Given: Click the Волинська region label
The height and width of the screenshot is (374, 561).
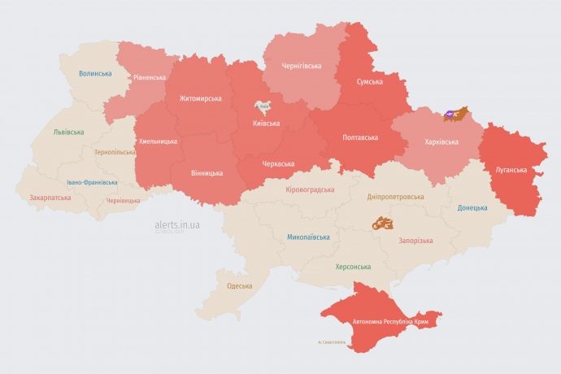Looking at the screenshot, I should [x=95, y=73].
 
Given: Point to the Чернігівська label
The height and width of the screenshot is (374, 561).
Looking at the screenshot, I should [x=302, y=66].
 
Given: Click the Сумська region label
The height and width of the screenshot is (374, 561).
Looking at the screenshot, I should [x=370, y=82].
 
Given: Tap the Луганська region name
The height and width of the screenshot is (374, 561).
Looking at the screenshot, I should [x=511, y=170].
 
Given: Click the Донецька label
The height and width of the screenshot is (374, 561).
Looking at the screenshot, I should [x=472, y=207].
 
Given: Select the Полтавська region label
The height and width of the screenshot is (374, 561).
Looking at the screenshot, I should [x=359, y=137].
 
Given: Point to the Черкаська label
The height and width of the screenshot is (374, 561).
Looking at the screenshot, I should [x=278, y=163].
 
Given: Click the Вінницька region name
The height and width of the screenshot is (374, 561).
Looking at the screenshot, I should [x=207, y=173].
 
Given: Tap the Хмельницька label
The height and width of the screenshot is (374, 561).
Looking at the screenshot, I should [x=158, y=141].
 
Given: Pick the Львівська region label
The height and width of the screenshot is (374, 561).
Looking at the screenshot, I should [x=68, y=131].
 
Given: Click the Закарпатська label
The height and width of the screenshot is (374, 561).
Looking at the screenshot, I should [x=50, y=198].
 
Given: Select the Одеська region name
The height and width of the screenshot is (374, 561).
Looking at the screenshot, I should [x=239, y=286].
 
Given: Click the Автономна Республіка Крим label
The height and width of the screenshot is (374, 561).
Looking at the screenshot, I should [x=390, y=322].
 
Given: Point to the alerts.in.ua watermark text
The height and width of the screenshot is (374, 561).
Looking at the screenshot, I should [x=177, y=224].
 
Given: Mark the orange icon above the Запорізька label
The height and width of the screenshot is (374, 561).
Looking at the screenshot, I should [x=382, y=223].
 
